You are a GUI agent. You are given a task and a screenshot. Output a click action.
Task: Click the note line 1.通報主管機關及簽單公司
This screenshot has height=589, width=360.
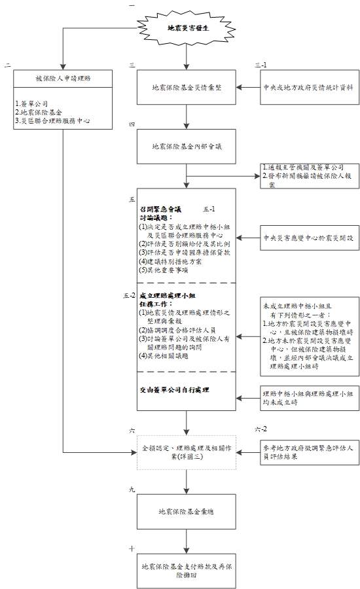[x=302, y=168]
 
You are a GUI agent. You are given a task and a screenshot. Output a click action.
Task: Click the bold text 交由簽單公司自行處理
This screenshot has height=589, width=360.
[x=178, y=389]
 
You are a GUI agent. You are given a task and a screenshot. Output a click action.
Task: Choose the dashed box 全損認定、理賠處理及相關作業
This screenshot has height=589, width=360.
[x=187, y=452]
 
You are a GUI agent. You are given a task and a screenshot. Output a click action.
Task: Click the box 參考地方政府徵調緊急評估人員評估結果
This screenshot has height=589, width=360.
[x=307, y=452]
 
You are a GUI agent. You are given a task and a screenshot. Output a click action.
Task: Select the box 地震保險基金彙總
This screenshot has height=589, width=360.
[x=187, y=511]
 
